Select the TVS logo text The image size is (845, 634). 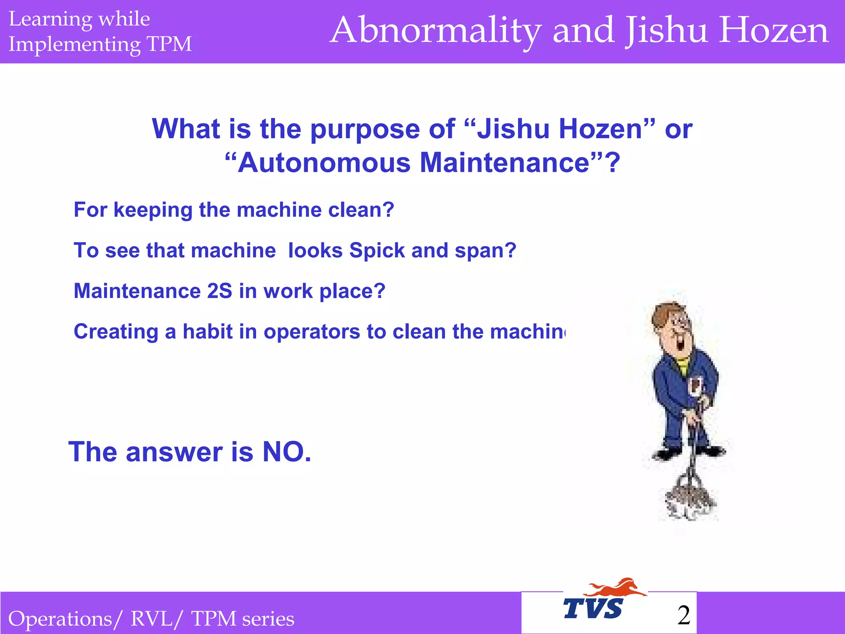(593, 609)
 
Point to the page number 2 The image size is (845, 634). (684, 615)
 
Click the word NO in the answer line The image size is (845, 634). (286, 452)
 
